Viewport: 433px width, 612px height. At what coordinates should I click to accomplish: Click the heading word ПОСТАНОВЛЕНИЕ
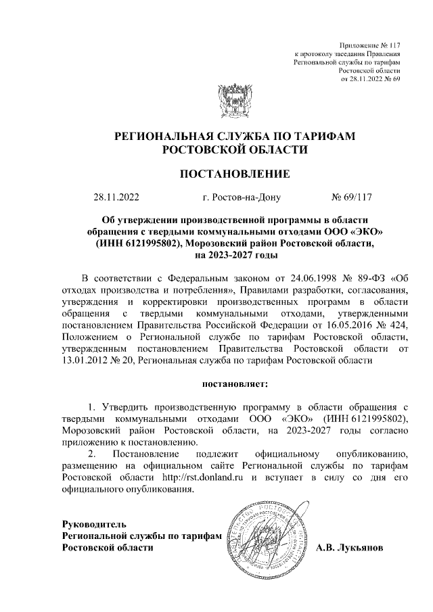234,174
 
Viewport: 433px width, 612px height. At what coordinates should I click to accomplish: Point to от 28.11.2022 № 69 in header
371,78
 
